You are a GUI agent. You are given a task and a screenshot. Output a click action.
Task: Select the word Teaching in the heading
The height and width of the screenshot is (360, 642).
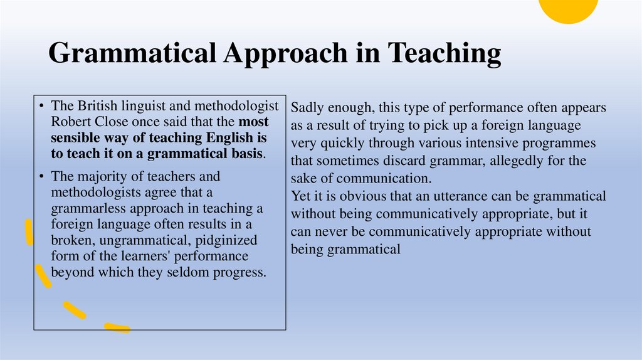tap(444, 53)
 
